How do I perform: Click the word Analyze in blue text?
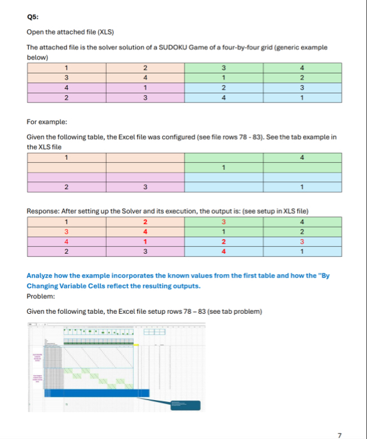(x=40, y=275)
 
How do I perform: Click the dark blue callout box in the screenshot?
(x=184, y=404)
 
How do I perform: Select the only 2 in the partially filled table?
(x=66, y=187)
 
